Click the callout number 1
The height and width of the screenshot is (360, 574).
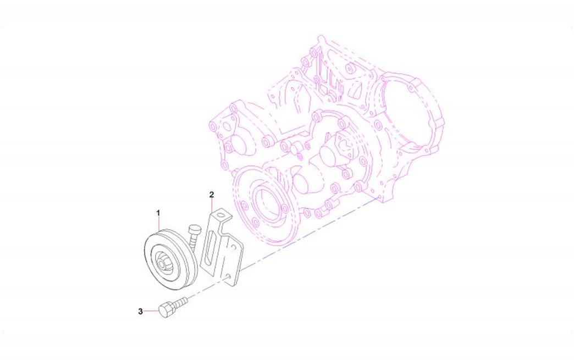[158, 213]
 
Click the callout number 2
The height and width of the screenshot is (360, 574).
[212, 194]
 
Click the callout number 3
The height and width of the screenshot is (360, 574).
[140, 312]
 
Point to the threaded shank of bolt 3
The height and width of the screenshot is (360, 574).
[180, 302]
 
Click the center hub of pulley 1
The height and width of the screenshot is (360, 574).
[162, 263]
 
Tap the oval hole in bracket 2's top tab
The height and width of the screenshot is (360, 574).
[221, 214]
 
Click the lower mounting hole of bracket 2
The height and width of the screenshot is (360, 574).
[229, 276]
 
